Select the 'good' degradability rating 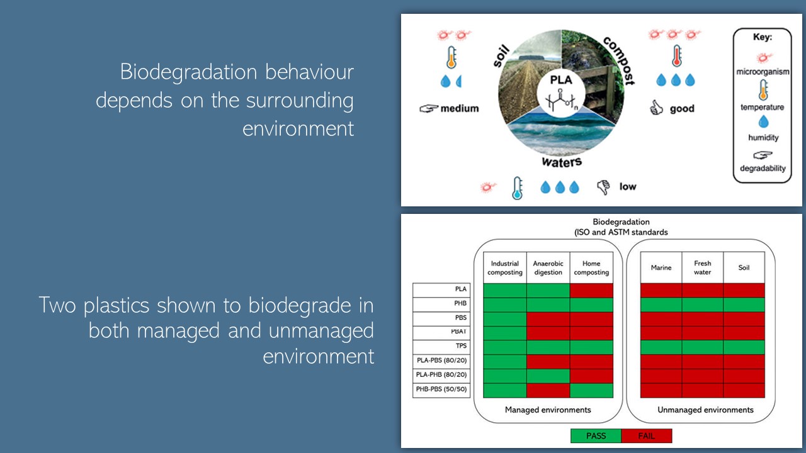click(x=682, y=109)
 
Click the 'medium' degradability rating click(x=459, y=108)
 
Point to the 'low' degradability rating click(x=627, y=186)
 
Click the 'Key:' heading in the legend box click(x=762, y=37)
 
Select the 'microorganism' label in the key click(x=762, y=72)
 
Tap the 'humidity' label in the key click(x=763, y=137)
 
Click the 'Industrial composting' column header click(x=504, y=268)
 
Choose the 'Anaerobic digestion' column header click(x=548, y=268)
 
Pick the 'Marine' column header click(x=661, y=268)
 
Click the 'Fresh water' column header click(x=702, y=268)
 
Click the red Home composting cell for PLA click(x=591, y=290)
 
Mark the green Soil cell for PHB click(x=744, y=305)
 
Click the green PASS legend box click(x=595, y=436)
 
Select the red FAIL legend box click(x=646, y=436)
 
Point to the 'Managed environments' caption click(x=548, y=410)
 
